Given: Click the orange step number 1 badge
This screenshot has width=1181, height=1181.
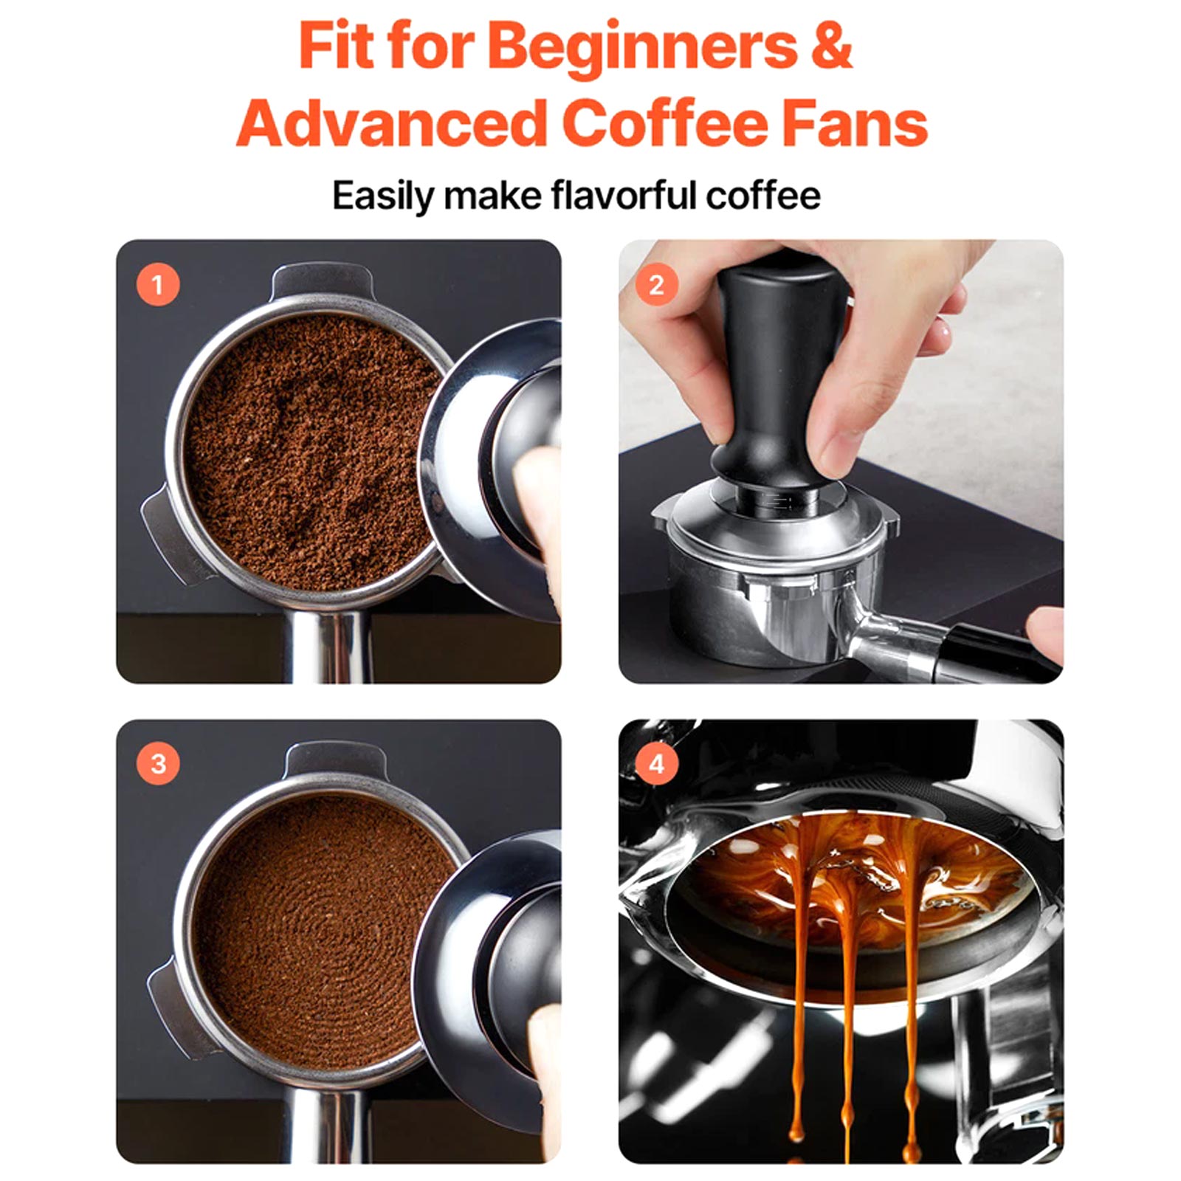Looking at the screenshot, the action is click(x=158, y=284).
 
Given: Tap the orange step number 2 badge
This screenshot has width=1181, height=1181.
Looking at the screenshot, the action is click(x=657, y=284).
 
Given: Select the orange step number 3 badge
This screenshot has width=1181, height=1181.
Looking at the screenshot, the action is click(x=158, y=763).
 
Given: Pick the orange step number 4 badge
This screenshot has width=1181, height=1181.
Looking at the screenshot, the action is click(x=657, y=763).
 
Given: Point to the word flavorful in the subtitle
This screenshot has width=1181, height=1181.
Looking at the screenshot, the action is click(x=624, y=196).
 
